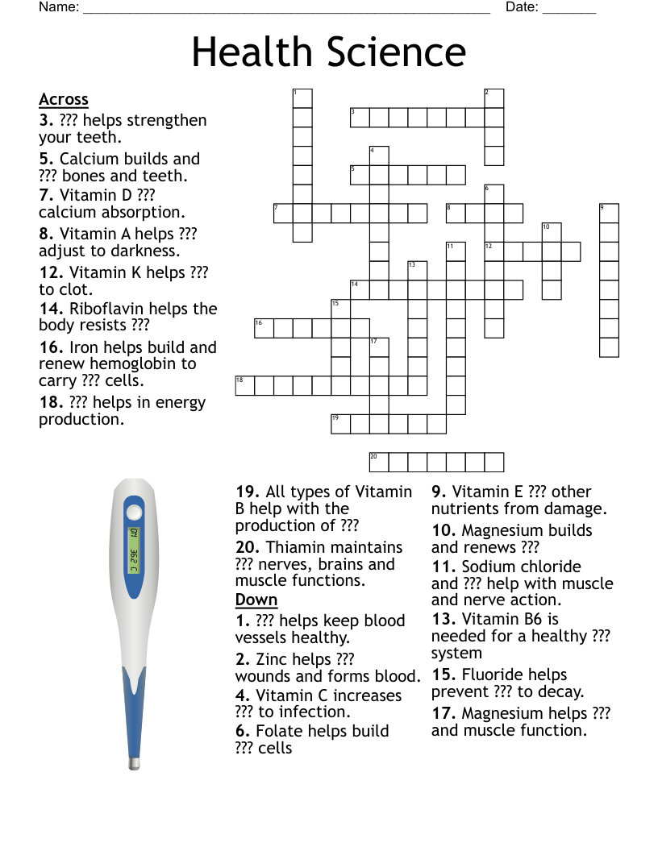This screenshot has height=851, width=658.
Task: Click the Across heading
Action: click(64, 99)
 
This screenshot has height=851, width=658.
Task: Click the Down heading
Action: click(256, 600)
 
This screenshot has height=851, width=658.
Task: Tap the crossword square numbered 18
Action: click(244, 385)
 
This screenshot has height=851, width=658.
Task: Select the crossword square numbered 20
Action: click(379, 462)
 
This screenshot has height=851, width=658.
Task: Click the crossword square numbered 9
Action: click(609, 214)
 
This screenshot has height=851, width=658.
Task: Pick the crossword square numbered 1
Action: click(302, 98)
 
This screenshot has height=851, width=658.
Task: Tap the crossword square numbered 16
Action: click(264, 328)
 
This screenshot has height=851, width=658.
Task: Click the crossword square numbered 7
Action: click(283, 214)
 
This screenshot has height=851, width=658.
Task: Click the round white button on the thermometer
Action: click(133, 513)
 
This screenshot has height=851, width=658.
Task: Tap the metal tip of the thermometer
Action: click(134, 762)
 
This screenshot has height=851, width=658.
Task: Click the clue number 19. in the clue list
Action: click(248, 492)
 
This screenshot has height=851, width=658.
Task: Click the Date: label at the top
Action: click(521, 7)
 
